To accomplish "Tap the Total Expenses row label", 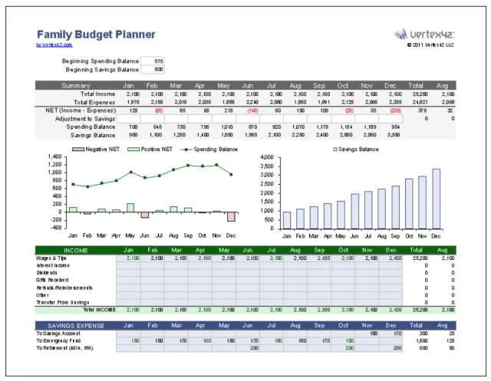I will coord(93,101).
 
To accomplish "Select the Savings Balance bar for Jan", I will coord(287,220).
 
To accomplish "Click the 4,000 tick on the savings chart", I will coord(266,157).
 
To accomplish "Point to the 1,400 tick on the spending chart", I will coord(54,157).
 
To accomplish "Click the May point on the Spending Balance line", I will coord(130,172).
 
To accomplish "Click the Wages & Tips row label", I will coord(51,258).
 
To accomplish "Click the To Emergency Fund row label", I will coord(62,340).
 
